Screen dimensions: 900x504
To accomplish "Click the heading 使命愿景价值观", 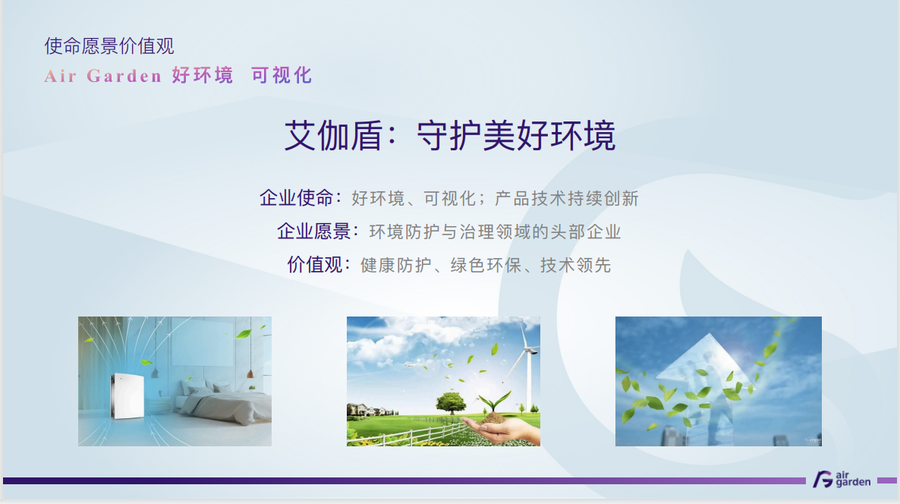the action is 109,46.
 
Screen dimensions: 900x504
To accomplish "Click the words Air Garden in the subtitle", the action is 102,76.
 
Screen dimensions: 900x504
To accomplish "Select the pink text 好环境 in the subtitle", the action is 203,75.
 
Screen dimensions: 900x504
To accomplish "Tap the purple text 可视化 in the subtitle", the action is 282,75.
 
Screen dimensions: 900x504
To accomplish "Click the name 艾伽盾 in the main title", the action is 333,136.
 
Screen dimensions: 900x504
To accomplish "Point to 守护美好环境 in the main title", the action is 516,136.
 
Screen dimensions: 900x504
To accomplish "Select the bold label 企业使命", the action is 296,198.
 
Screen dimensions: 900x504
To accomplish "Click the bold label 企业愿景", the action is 314,232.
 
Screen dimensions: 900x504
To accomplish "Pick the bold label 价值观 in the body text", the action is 314,265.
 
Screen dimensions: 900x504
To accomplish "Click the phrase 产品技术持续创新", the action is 567,199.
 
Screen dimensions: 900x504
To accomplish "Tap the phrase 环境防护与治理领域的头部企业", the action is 495,232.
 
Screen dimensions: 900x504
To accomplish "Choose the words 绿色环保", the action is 486,265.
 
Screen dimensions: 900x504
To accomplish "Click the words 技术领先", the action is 575,265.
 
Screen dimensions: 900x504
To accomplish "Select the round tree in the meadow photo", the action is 452,402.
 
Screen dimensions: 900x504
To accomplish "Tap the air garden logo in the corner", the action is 842,479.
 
